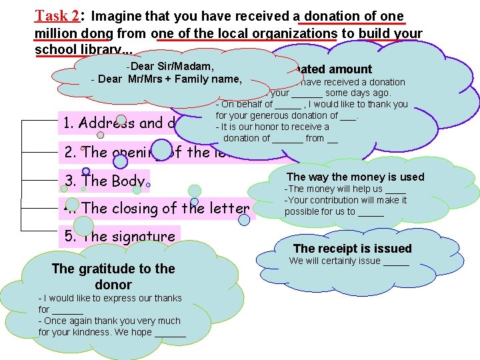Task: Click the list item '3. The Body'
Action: tap(104, 181)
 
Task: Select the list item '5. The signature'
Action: tap(119, 237)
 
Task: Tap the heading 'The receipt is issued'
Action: tap(352, 249)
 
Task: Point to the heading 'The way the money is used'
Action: tap(355, 177)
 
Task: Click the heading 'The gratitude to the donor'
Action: tap(113, 277)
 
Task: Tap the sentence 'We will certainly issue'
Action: tap(349, 261)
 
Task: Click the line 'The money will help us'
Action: tap(345, 189)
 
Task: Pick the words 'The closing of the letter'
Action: tap(165, 209)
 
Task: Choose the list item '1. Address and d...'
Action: tap(127, 123)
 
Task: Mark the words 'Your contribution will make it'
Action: tap(345, 200)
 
